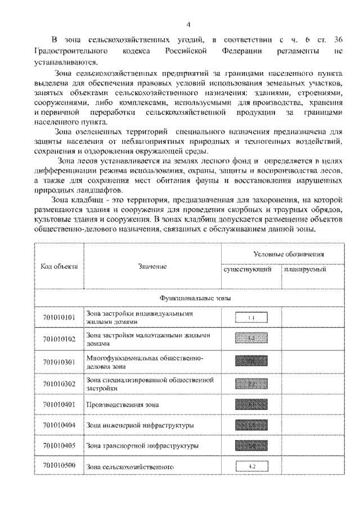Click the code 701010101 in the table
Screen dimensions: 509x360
pos(59,318)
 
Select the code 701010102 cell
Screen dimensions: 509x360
pos(59,340)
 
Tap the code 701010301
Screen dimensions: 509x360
pos(59,362)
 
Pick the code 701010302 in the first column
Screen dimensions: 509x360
pos(59,384)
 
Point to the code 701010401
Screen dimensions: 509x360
pos(59,404)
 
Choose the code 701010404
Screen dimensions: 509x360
pos(59,425)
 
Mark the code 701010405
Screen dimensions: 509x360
pos(59,446)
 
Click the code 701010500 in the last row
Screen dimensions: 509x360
pos(59,466)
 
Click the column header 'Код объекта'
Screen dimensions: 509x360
pos(59,265)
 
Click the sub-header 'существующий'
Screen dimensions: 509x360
pos(248,270)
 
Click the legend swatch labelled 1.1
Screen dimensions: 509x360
pos(251,318)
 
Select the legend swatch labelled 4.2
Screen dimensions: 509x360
pos(251,467)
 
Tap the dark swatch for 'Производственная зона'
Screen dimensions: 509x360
pos(251,404)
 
